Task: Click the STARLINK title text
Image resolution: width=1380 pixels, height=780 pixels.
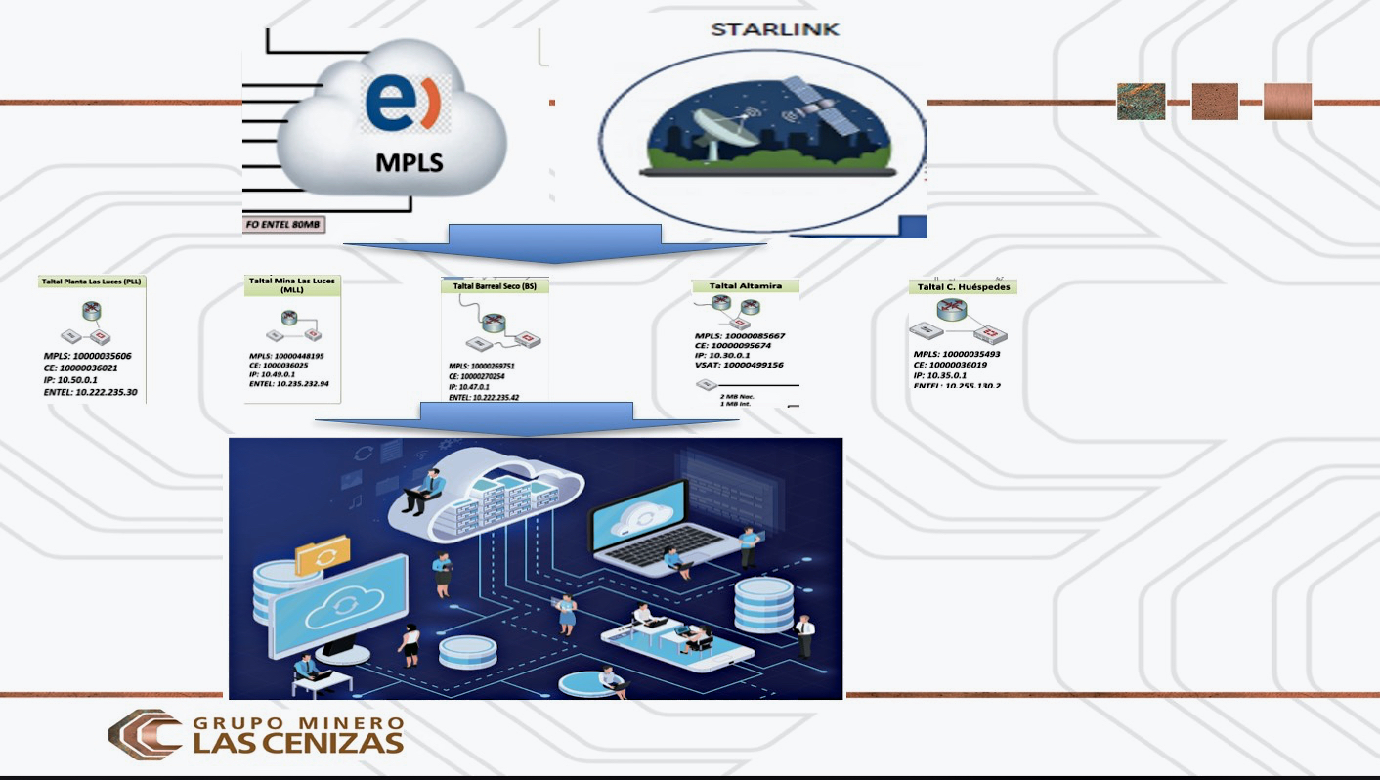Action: [774, 29]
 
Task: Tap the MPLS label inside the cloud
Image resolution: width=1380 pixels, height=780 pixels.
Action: [410, 161]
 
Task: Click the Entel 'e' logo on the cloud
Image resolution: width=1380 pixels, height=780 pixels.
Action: [403, 106]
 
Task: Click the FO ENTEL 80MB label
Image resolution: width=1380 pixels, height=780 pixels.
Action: [283, 224]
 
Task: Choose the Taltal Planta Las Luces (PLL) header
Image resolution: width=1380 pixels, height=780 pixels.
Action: [92, 282]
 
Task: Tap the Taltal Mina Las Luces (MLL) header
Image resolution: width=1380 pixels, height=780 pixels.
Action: [292, 284]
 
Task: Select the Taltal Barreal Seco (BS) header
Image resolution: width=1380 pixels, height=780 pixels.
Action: [495, 286]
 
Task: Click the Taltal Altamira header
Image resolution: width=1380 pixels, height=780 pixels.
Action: [745, 286]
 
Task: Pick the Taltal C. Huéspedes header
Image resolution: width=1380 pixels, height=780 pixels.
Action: [963, 287]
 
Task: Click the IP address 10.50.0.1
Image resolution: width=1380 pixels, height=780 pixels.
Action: [71, 380]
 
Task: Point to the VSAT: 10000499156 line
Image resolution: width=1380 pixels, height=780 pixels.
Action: [739, 365]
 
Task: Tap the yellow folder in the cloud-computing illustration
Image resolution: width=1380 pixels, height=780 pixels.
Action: [323, 554]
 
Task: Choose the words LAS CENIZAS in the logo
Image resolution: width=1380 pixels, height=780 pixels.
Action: [299, 743]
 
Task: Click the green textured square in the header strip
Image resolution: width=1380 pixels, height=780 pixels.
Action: [1142, 101]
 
